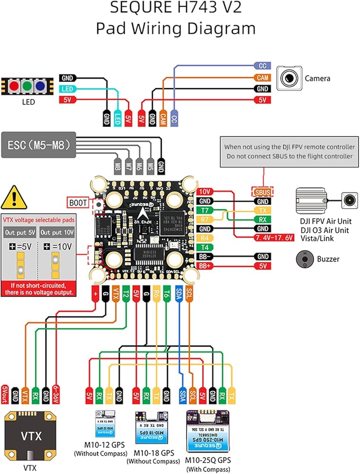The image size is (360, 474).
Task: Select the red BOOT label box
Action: tap(78, 202)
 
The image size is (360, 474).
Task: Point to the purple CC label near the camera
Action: tap(262, 66)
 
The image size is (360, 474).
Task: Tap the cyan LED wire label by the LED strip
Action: tap(67, 89)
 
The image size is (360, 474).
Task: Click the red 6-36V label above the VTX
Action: tap(56, 393)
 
